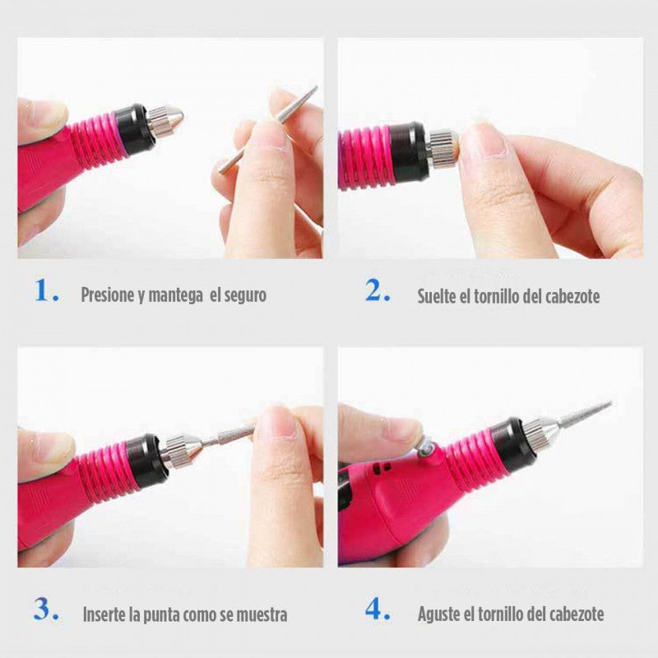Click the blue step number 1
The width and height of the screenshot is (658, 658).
[46, 291]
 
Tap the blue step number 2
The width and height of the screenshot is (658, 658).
[378, 291]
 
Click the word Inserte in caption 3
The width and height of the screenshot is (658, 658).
[106, 614]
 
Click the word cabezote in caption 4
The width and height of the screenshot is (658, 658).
[573, 614]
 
